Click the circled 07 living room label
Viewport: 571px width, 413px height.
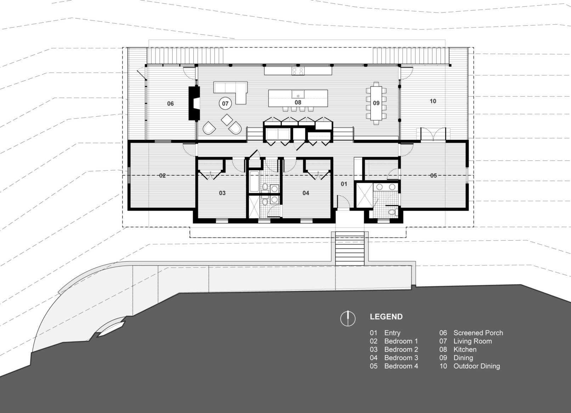click(225, 103)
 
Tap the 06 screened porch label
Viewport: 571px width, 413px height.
click(170, 103)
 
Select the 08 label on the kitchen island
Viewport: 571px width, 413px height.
click(298, 102)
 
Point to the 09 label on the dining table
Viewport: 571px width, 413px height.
click(376, 103)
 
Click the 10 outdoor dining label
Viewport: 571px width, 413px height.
click(433, 101)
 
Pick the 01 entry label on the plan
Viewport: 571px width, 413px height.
click(344, 184)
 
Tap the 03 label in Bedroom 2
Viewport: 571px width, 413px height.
click(222, 193)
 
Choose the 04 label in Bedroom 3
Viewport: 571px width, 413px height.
click(306, 193)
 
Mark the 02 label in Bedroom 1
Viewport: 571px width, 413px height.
click(162, 175)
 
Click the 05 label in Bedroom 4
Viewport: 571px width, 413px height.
click(433, 175)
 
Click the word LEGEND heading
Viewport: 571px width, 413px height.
click(386, 317)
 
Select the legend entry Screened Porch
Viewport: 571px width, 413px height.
click(478, 333)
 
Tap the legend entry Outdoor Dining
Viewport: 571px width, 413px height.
click(477, 366)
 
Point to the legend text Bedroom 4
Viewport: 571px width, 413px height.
click(401, 366)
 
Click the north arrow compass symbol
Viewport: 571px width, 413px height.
click(348, 319)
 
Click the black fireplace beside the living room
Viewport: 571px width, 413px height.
click(194, 103)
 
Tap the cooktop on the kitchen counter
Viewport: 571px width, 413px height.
click(298, 71)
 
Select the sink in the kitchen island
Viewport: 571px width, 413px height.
click(298, 94)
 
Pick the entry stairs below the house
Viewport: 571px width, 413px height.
click(350, 249)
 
